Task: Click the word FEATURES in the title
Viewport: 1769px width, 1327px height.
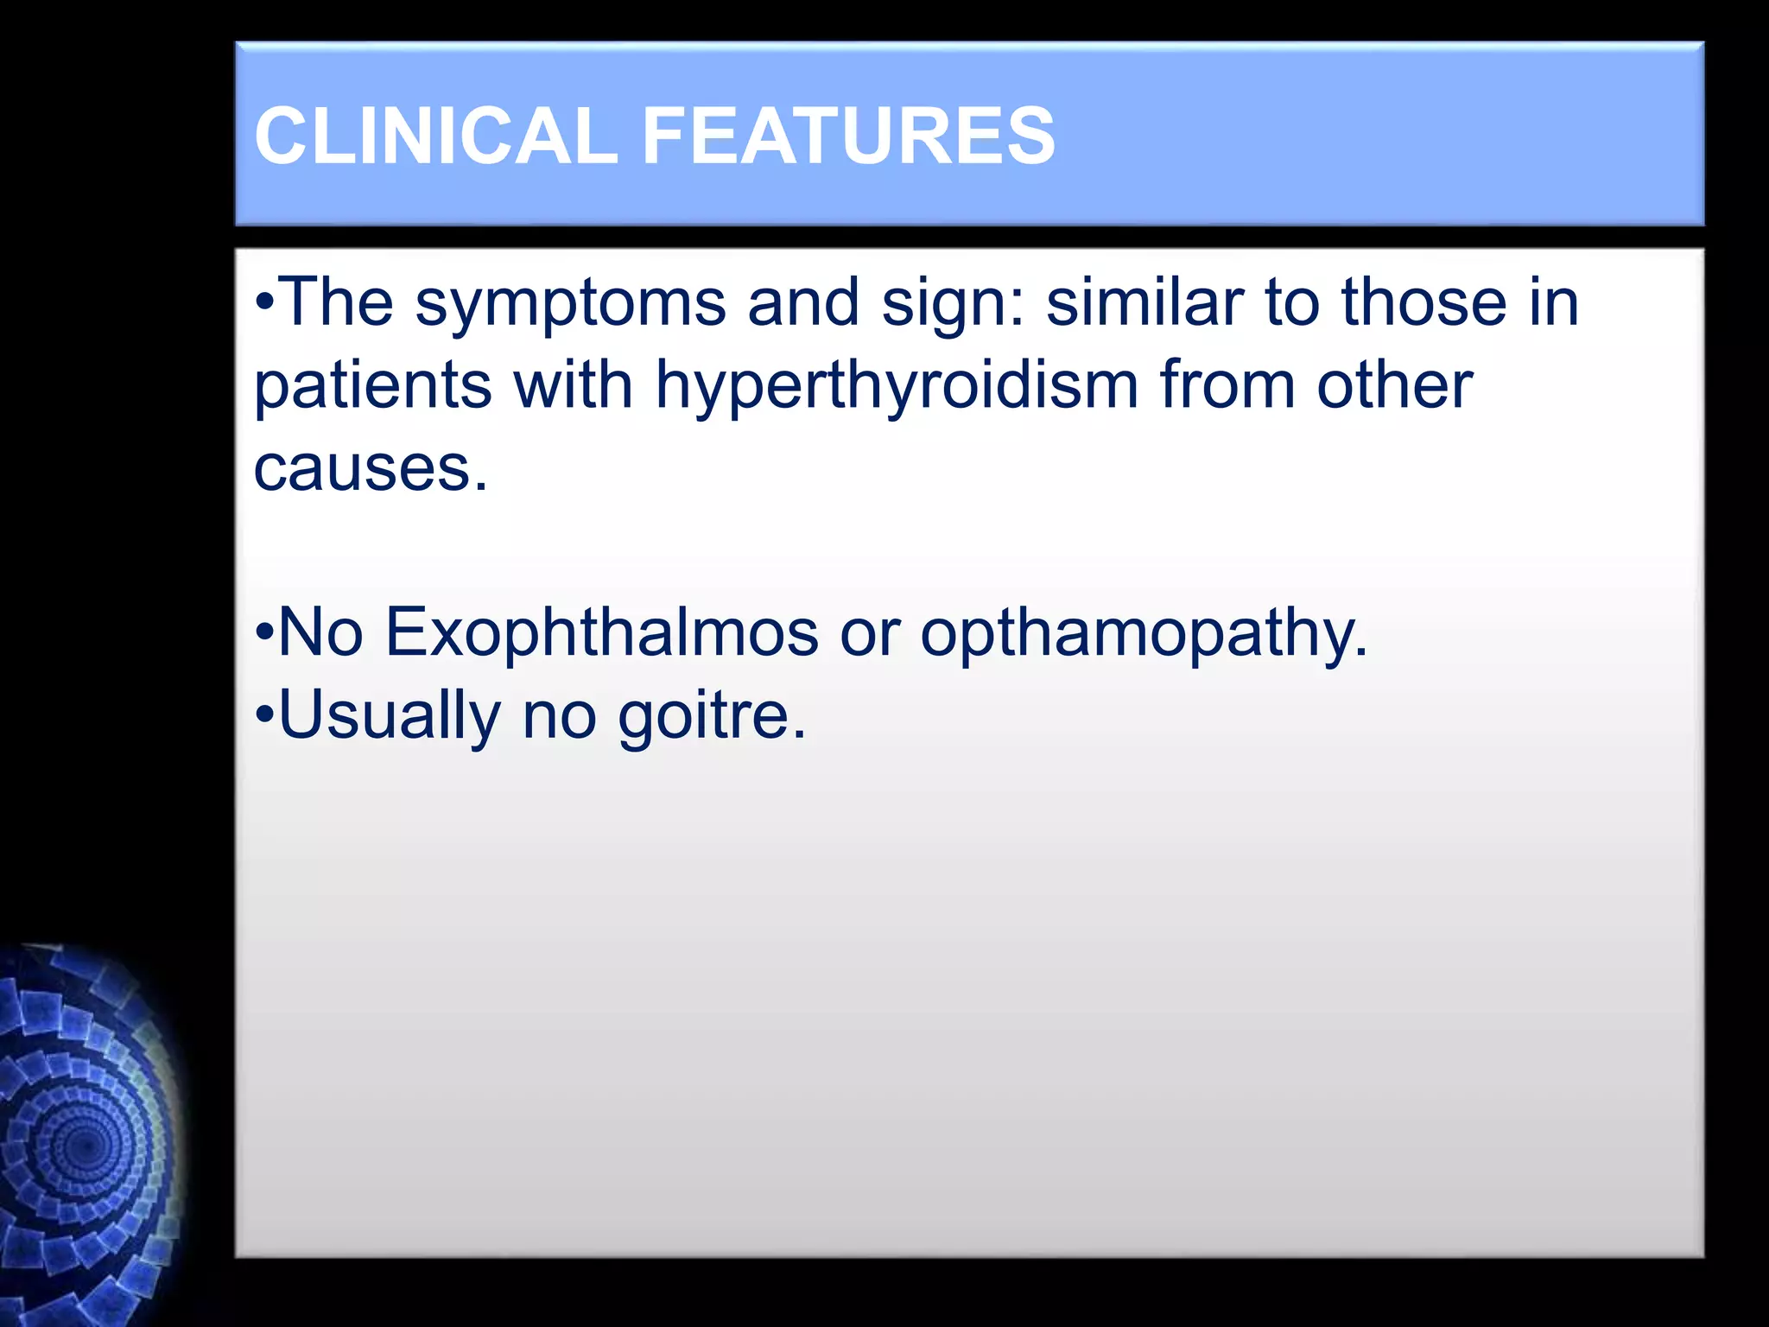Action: pos(848,136)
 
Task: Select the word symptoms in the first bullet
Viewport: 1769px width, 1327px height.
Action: pos(571,304)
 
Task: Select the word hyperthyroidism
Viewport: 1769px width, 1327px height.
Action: pos(897,386)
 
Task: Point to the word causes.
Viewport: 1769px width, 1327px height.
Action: pos(370,469)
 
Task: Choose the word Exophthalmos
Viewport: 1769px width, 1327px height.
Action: pos(601,633)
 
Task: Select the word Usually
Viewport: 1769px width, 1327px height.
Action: pos(390,716)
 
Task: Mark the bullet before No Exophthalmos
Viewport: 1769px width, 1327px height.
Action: pos(265,633)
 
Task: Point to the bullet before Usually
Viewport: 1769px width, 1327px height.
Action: pos(265,716)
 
